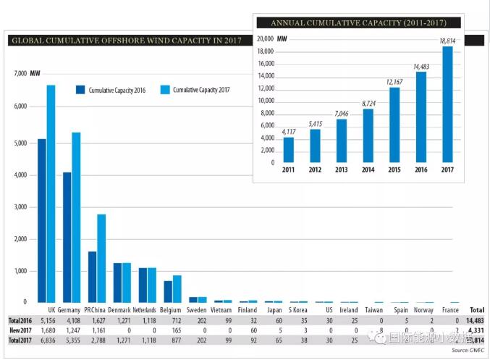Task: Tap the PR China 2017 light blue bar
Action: tap(101, 258)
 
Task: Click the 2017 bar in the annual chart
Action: tap(447, 104)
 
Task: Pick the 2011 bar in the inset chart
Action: tap(289, 149)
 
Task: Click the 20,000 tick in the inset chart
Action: tap(266, 38)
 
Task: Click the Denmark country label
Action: tap(119, 310)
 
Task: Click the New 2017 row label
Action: tap(19, 330)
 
